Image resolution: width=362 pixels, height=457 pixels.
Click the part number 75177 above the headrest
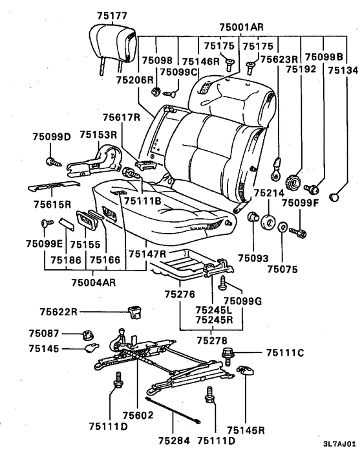pyautogui.click(x=112, y=16)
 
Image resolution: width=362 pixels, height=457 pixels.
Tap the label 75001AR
pyautogui.click(x=241, y=27)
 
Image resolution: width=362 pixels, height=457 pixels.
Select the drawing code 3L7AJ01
pyautogui.click(x=339, y=444)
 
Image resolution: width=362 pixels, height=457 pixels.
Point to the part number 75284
pyautogui.click(x=174, y=440)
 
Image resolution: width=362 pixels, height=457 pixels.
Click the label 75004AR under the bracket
pyautogui.click(x=94, y=282)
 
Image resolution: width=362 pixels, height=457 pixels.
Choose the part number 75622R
pyautogui.click(x=58, y=312)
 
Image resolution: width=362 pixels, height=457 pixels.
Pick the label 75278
pyautogui.click(x=212, y=340)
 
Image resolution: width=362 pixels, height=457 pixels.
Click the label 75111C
pyautogui.click(x=285, y=353)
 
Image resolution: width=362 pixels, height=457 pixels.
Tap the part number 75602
pyautogui.click(x=138, y=415)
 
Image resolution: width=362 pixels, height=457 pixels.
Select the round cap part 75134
pyautogui.click(x=334, y=197)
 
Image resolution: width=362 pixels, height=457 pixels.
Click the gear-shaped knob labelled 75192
pyautogui.click(x=293, y=183)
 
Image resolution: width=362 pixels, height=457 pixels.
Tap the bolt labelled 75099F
pyautogui.click(x=297, y=232)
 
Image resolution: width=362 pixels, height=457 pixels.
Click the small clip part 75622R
pyautogui.click(x=134, y=312)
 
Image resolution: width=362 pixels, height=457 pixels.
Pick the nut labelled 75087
pyautogui.click(x=87, y=335)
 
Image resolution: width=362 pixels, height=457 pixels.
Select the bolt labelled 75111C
pyautogui.click(x=228, y=356)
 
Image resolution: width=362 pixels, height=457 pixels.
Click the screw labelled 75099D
pyautogui.click(x=54, y=162)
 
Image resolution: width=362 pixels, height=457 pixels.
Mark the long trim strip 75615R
pyautogui.click(x=54, y=186)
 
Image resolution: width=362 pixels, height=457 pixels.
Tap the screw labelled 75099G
pyautogui.click(x=222, y=282)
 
